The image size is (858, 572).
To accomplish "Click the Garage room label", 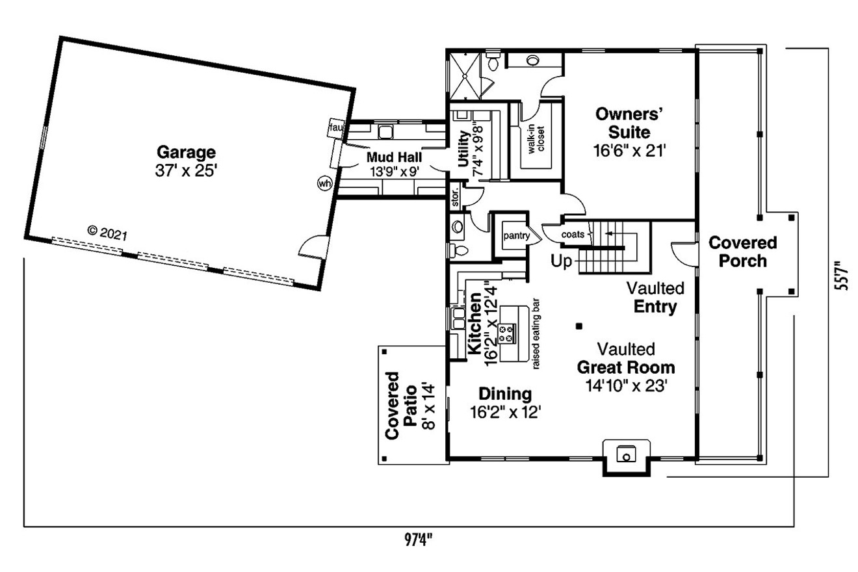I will (x=185, y=153).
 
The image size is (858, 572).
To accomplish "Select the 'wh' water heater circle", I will (x=324, y=183).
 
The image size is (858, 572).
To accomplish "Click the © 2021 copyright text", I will (x=107, y=231).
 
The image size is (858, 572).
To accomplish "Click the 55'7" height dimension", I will (x=843, y=276).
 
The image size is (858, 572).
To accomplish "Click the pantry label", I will (x=516, y=235).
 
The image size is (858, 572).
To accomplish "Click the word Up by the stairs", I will (x=562, y=261).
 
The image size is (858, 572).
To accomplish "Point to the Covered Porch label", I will (x=742, y=252).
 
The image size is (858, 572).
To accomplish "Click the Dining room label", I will (x=505, y=394).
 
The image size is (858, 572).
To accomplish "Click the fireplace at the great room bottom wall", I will (x=626, y=453).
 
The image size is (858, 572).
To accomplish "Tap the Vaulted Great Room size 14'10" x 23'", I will (x=626, y=385).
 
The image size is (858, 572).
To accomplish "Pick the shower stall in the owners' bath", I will (x=465, y=75).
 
